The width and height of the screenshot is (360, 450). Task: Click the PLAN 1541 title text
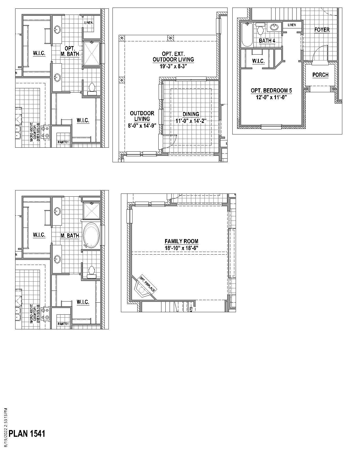coord(27,433)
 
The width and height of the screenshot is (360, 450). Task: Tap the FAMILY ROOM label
coord(181,241)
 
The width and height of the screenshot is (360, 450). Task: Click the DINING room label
coord(191,114)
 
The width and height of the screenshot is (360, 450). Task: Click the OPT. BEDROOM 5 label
coord(271,91)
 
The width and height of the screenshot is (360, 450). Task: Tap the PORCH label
coord(320,75)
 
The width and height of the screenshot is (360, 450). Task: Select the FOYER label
coord(322,30)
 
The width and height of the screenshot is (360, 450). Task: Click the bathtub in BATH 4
coord(247,35)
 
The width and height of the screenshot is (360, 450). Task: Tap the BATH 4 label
coord(267,41)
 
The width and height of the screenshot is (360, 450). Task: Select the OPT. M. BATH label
coord(70,51)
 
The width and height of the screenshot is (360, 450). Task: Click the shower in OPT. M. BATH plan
coord(91,53)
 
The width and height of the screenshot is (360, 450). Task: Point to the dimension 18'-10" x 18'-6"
coord(181,248)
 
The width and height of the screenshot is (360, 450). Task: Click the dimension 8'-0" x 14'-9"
coord(142,126)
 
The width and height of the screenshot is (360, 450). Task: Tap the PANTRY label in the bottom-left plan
coord(63,324)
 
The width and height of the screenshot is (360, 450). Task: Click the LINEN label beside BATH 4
coord(292,25)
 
